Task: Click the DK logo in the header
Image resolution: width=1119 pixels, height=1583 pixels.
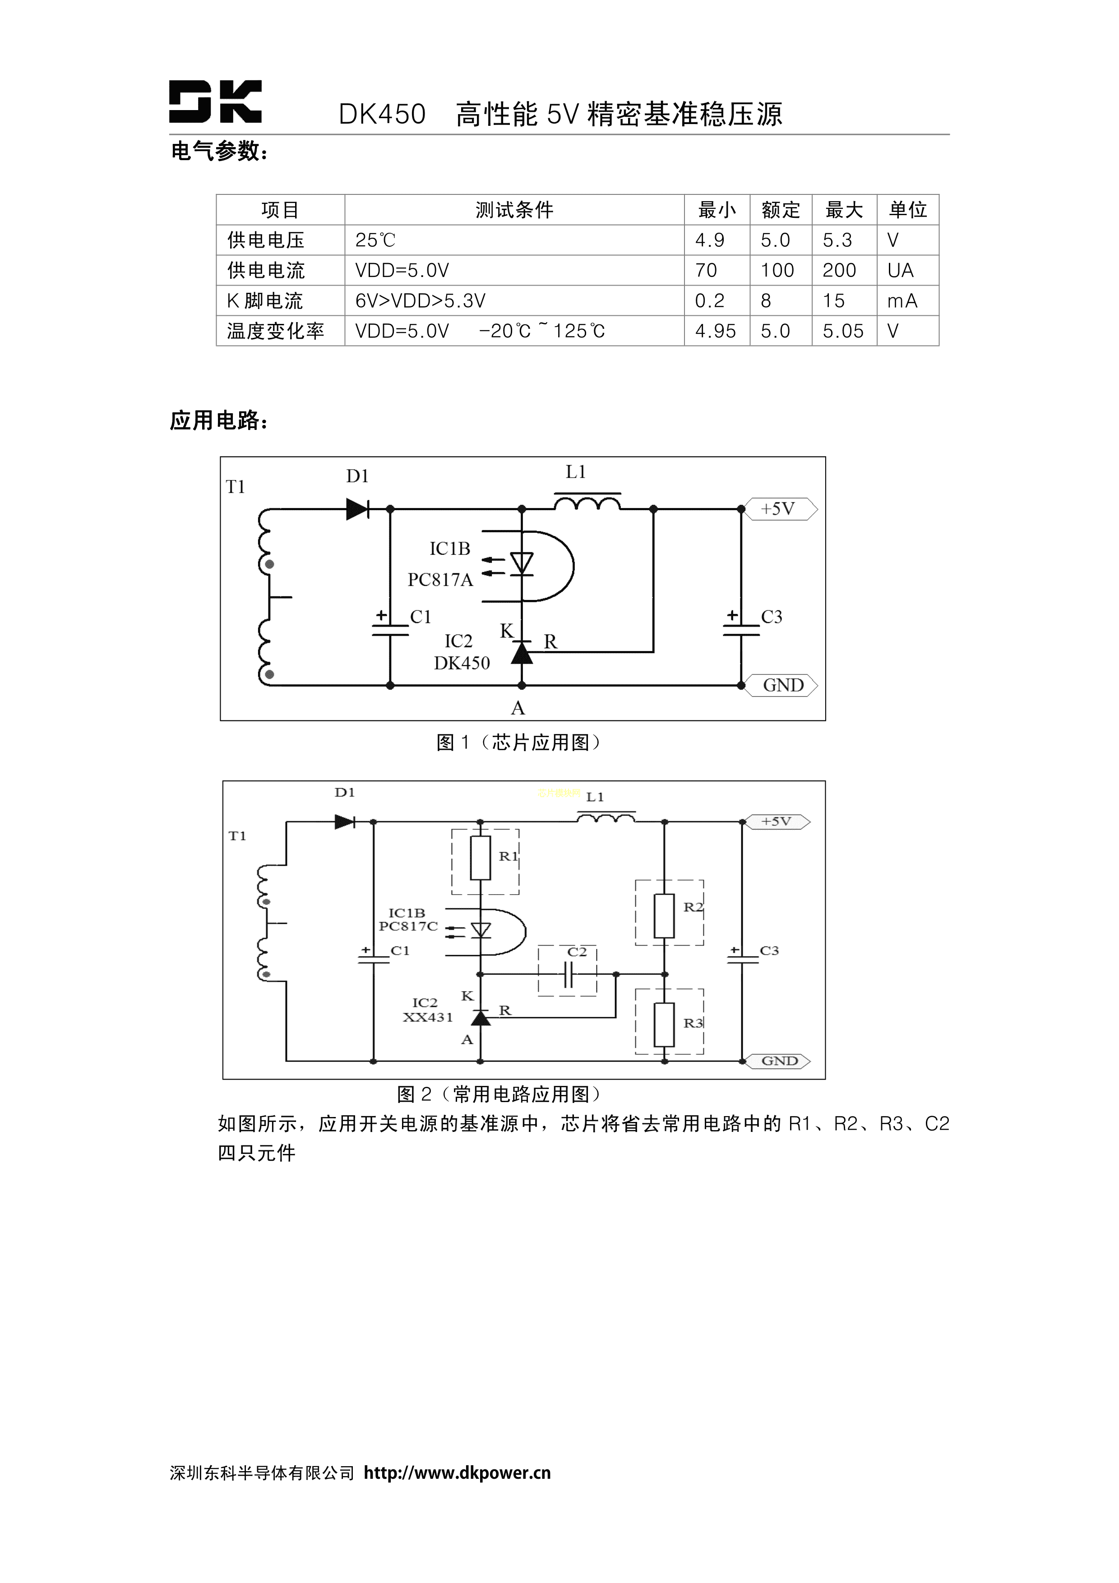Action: pos(215,102)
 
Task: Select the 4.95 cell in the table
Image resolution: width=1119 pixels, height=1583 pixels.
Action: pos(715,331)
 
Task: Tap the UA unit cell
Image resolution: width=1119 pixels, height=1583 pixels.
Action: pos(901,270)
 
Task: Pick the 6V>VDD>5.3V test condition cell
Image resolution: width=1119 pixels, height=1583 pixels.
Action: pos(421,300)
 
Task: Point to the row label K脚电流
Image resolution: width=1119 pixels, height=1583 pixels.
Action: pos(265,300)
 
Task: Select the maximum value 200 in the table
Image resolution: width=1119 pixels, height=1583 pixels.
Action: pos(839,270)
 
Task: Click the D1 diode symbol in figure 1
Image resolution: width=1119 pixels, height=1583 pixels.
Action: pos(357,509)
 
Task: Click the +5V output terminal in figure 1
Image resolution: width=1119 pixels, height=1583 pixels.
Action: pos(779,509)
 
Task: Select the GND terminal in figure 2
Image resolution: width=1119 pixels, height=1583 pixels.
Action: pos(779,1061)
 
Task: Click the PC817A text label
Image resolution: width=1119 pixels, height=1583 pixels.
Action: pos(440,580)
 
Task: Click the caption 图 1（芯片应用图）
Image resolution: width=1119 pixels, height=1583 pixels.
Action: pos(518,743)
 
